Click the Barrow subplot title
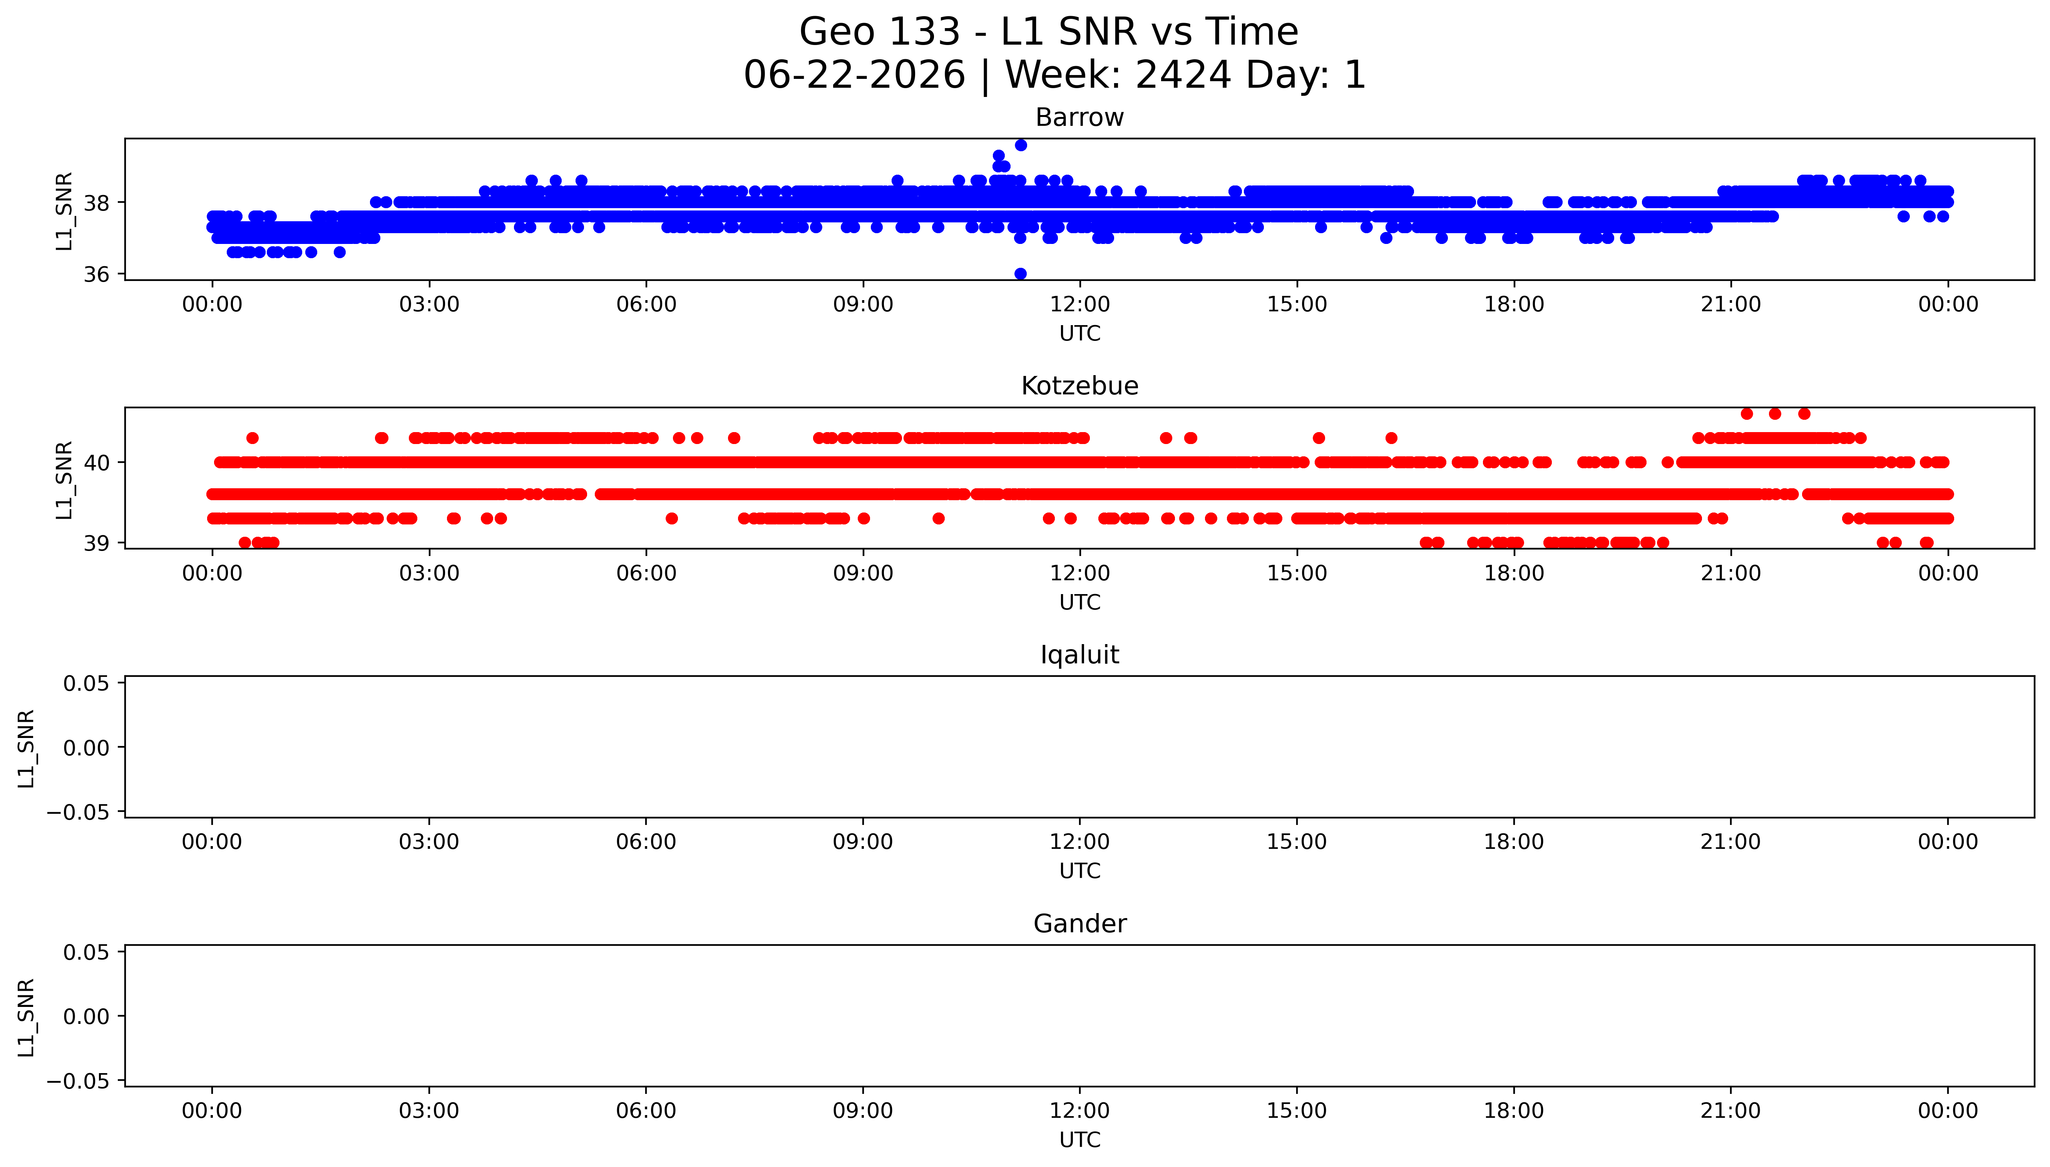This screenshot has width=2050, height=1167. pyautogui.click(x=1079, y=118)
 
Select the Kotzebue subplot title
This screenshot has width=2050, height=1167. pyautogui.click(x=1079, y=386)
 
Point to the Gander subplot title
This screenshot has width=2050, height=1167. pyautogui.click(x=1079, y=924)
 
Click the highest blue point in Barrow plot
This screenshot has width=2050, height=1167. pyautogui.click(x=1021, y=145)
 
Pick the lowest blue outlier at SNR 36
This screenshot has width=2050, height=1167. pyautogui.click(x=1021, y=273)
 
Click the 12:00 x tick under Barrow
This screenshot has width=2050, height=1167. pyautogui.click(x=1080, y=305)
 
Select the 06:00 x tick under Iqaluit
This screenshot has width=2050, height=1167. pyautogui.click(x=646, y=842)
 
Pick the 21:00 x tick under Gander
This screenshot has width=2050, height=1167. pyautogui.click(x=1731, y=1111)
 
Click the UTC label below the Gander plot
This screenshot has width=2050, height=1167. pyautogui.click(x=1080, y=1140)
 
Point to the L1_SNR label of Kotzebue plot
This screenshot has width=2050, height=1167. pyautogui.click(x=64, y=480)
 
